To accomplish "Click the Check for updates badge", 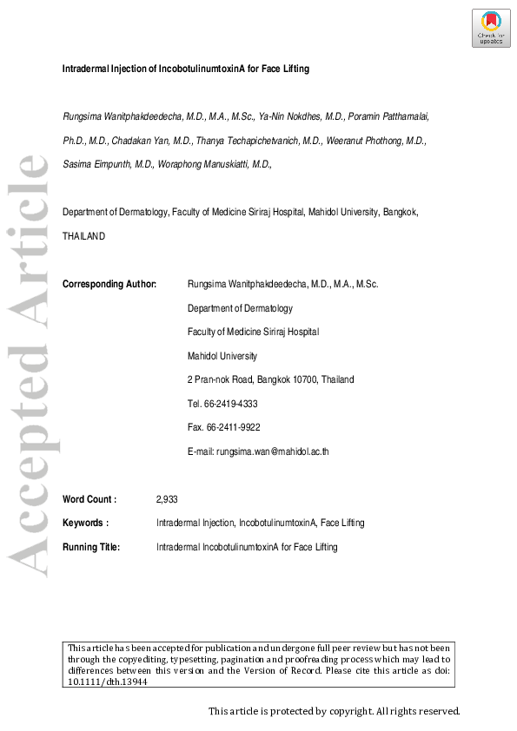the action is tap(491, 29).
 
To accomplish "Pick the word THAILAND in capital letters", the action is tap(83, 235).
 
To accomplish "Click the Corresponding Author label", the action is tap(109, 284).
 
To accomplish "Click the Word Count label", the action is tap(89, 499).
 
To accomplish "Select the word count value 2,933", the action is tap(167, 499).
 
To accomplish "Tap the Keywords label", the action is tap(85, 523).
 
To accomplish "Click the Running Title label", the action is tap(91, 547).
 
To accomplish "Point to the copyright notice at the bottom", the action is tap(334, 711).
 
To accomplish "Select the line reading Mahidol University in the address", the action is tap(222, 356).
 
